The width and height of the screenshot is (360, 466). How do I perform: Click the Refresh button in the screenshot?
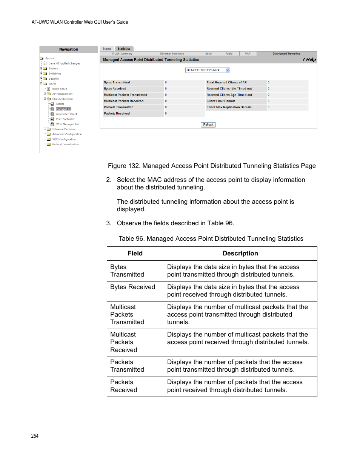click(208, 125)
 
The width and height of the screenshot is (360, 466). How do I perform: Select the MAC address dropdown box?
click(207, 70)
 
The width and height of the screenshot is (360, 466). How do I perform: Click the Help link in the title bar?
click(309, 60)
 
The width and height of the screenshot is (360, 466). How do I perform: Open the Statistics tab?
click(124, 49)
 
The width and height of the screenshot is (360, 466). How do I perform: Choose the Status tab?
click(107, 49)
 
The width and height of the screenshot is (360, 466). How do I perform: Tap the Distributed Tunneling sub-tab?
click(286, 54)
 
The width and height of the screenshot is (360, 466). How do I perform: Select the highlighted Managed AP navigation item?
click(63, 109)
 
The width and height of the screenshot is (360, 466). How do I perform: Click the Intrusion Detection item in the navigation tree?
click(64, 129)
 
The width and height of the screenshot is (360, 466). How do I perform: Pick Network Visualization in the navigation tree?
click(66, 144)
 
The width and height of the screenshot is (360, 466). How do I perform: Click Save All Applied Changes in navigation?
click(64, 63)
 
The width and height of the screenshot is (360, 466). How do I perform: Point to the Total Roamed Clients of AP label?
click(226, 82)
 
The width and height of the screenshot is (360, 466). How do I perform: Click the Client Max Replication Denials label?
click(229, 107)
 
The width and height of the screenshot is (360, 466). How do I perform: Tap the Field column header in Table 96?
click(135, 254)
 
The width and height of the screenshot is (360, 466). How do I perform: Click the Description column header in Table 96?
click(240, 254)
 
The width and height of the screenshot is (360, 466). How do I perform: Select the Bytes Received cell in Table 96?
click(132, 287)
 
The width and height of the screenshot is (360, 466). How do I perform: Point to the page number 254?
click(35, 436)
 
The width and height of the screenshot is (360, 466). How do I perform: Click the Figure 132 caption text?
click(212, 166)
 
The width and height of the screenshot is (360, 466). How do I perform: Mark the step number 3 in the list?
click(109, 223)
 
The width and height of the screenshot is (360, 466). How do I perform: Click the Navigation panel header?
click(68, 49)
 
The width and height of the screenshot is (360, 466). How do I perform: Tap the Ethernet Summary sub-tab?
click(172, 54)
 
